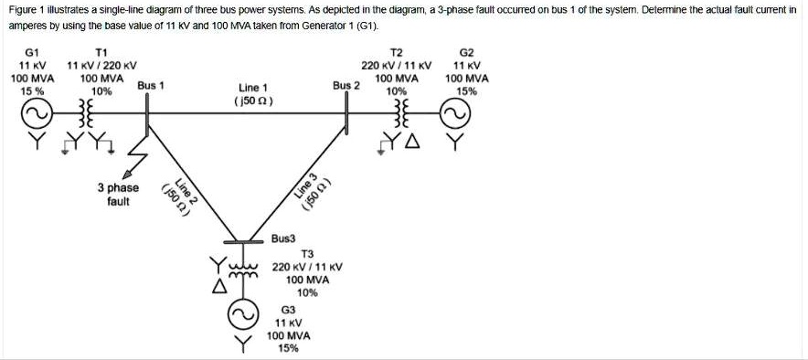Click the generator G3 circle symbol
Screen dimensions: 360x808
[242, 316]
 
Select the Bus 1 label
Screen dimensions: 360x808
[150, 85]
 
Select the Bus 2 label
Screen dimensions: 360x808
[346, 85]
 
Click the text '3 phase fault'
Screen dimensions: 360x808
[118, 194]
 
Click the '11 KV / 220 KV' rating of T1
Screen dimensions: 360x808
[101, 66]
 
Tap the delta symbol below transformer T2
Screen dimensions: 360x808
[412, 142]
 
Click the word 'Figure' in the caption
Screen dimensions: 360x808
[24, 9]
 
